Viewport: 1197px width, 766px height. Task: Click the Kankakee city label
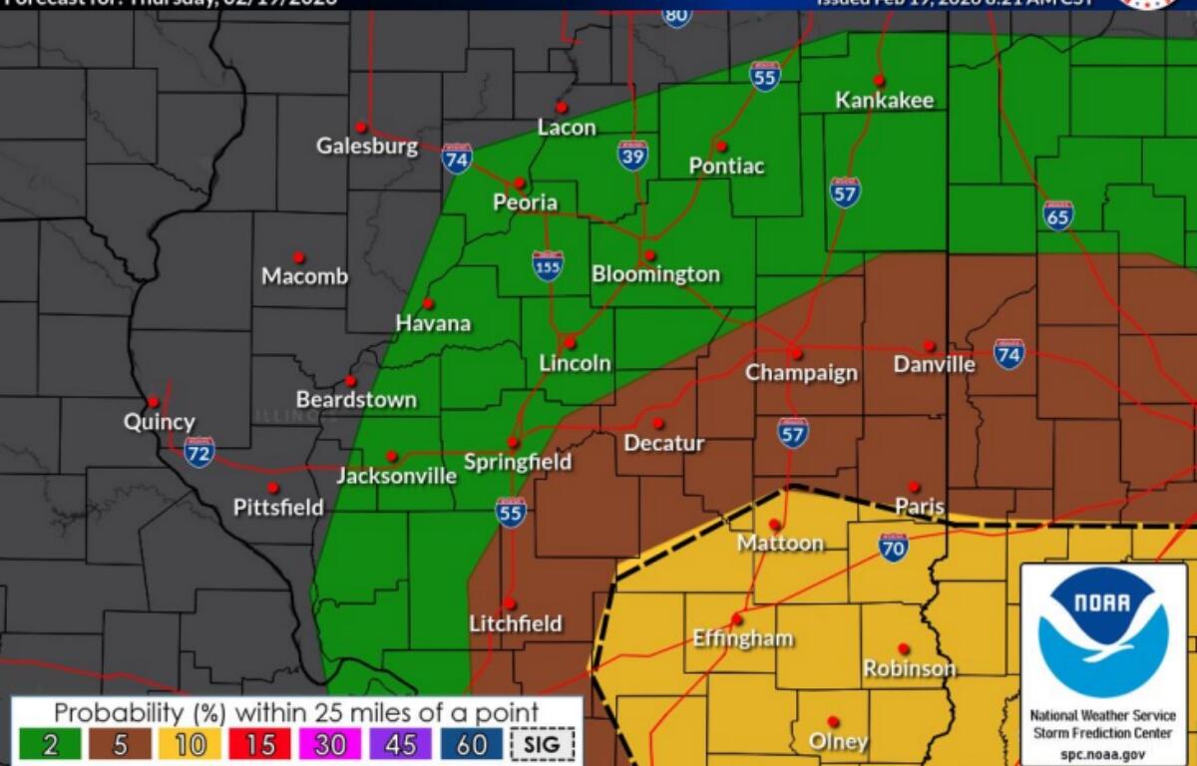tap(884, 100)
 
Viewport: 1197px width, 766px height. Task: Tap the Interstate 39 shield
tap(632, 155)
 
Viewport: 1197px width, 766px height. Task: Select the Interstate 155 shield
tap(548, 265)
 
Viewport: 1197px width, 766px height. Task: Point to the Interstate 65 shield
tap(1058, 214)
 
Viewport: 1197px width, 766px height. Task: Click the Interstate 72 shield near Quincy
tap(199, 452)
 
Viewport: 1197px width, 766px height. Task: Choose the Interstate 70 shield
tap(894, 547)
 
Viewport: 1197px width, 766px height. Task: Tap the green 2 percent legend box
tap(49, 744)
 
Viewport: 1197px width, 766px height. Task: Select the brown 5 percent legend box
tap(121, 744)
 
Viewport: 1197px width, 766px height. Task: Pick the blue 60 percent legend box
tap(472, 744)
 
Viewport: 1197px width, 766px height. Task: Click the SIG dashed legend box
tap(543, 744)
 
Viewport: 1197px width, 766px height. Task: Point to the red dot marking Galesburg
tap(361, 128)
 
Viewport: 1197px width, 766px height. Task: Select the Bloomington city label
tap(655, 274)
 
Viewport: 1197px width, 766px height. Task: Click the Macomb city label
tap(304, 276)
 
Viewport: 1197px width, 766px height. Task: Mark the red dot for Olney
tap(833, 721)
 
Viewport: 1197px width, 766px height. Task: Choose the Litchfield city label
tap(516, 624)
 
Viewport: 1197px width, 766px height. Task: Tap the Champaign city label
tap(801, 373)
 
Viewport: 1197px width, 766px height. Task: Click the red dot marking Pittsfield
tap(272, 488)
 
